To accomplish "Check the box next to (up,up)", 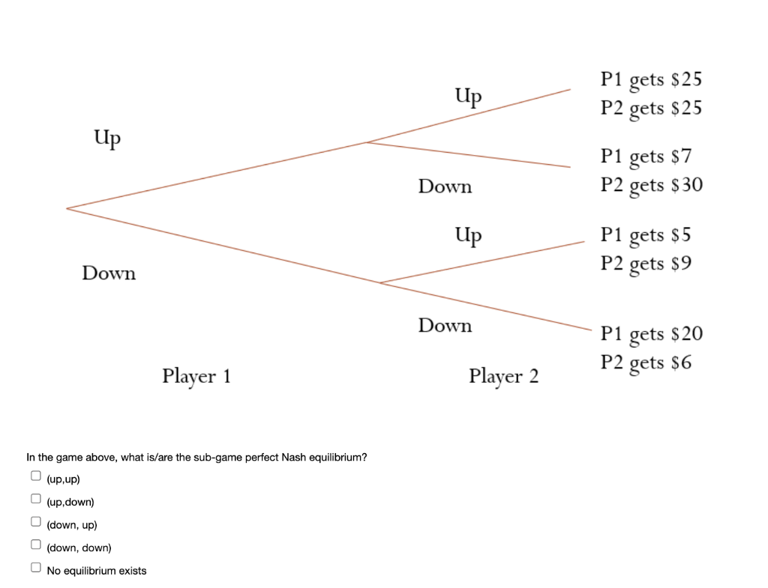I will point(35,476).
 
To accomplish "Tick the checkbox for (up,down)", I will point(35,499).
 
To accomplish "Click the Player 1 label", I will point(196,375).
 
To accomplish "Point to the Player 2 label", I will point(503,375).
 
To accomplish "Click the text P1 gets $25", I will point(651,80).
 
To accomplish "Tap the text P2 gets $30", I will point(651,185).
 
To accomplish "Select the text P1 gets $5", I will point(645,235).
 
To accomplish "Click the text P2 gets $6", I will point(646,363).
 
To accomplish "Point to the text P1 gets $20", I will point(651,334).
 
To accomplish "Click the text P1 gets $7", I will point(646,157).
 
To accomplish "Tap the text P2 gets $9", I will point(646,264).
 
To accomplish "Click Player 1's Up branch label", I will point(108,139).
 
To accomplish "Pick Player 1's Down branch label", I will point(109,273).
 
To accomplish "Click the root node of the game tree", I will point(67,207).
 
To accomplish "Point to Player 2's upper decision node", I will point(365,142).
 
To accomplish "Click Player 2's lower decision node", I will point(380,283).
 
